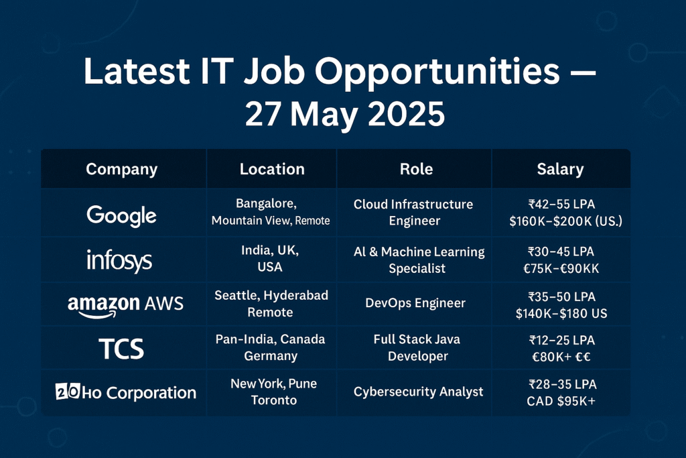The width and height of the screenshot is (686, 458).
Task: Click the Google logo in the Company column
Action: click(121, 215)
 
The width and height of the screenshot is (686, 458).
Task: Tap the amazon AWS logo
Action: click(125, 304)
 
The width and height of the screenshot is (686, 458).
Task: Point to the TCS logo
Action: click(121, 348)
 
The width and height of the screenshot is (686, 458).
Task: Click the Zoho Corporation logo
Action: click(125, 392)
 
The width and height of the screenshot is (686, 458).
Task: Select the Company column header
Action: click(121, 170)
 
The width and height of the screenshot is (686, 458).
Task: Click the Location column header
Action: click(272, 170)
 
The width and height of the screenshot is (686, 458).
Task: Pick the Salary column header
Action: click(560, 170)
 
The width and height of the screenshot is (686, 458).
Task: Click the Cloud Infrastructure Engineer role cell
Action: click(413, 212)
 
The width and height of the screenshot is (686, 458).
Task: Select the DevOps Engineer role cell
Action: click(415, 303)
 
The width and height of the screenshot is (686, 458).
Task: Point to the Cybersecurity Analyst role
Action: click(419, 392)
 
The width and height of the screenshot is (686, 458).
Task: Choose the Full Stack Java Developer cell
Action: click(417, 347)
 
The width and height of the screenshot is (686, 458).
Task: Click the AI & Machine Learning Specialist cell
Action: click(419, 260)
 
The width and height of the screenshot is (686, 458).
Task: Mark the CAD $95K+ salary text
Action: click(561, 400)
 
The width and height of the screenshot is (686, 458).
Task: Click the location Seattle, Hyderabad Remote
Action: click(271, 304)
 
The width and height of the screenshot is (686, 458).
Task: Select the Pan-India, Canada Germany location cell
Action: click(271, 347)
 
